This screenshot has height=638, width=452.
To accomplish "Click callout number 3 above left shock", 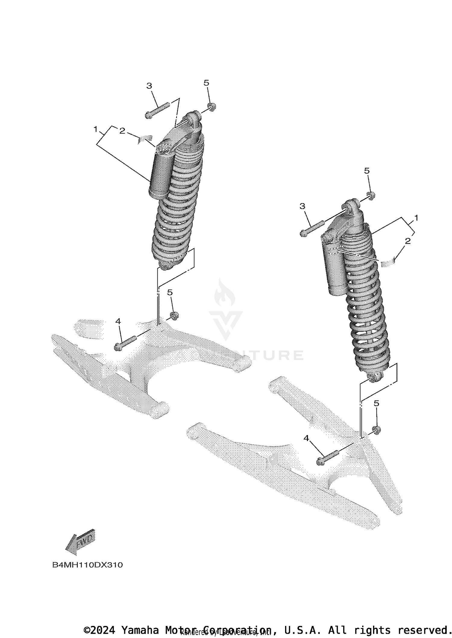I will (149, 86).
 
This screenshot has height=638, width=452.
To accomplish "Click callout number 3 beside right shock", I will (302, 206).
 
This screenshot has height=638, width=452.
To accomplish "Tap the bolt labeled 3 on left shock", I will (157, 111).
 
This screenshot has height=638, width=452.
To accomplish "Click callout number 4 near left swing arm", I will (118, 322).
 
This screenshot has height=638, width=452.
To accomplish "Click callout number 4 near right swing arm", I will (306, 438).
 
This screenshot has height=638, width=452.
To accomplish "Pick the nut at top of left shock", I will (212, 107).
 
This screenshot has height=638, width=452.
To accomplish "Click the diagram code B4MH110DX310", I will (88, 565).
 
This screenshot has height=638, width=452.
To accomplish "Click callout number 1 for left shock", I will (96, 129).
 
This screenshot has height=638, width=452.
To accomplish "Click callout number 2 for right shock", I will (408, 241).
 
